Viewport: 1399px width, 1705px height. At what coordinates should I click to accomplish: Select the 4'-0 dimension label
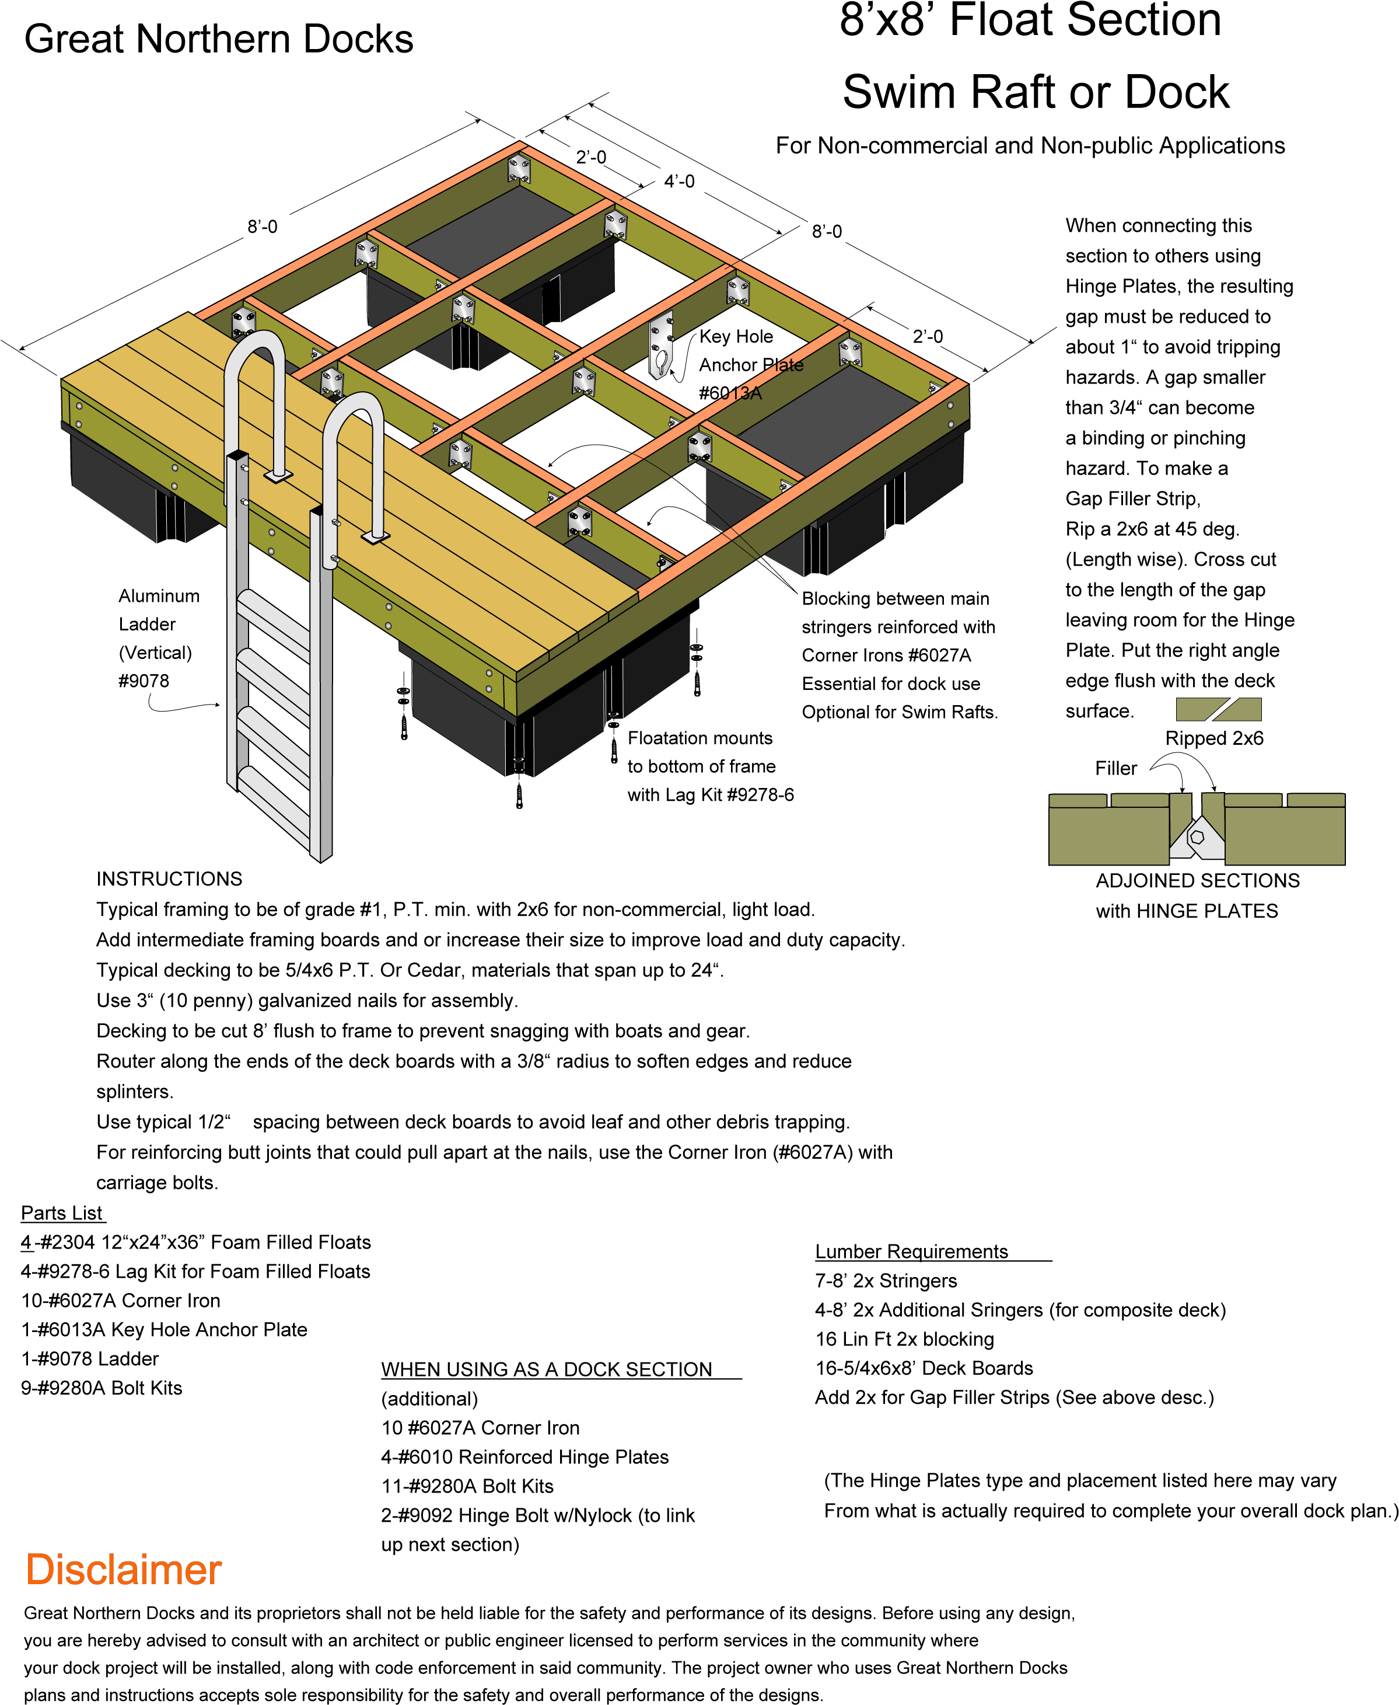click(679, 182)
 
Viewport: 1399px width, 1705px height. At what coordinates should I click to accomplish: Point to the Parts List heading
click(62, 1214)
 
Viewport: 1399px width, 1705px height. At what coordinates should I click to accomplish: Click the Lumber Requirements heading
click(911, 1251)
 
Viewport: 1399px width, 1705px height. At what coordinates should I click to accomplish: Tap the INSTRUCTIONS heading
click(169, 878)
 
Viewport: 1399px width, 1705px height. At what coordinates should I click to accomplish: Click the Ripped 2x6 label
click(1215, 738)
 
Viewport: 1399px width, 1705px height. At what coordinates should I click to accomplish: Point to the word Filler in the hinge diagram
click(1116, 768)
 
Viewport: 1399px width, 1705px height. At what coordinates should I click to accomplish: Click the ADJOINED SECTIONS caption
click(1198, 880)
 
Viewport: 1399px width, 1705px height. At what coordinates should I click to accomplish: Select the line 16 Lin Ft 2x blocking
click(905, 1339)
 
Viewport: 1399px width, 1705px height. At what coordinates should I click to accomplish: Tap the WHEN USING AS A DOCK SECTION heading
click(547, 1369)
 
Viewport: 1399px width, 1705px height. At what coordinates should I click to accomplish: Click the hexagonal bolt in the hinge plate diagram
click(1198, 837)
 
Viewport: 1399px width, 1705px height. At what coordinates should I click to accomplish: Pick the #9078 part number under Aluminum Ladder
click(144, 681)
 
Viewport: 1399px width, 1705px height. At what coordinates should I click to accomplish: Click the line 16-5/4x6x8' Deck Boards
click(924, 1368)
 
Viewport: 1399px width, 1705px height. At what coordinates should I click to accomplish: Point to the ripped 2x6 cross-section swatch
click(1219, 709)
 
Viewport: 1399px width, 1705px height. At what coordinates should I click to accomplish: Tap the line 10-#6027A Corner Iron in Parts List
click(121, 1300)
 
